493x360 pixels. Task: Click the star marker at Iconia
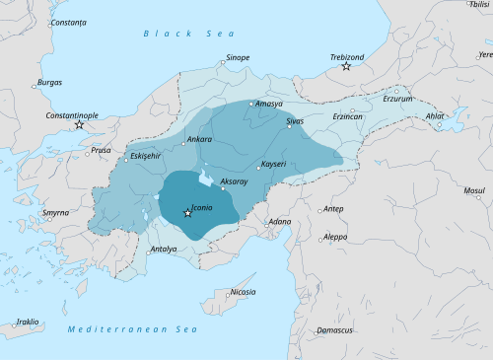(x=187, y=213)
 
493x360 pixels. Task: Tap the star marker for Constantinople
(x=79, y=124)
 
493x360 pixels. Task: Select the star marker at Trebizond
(x=346, y=66)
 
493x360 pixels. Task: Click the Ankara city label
(x=200, y=140)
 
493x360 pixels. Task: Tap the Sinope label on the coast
(x=238, y=58)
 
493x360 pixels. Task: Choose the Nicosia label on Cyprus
(x=243, y=292)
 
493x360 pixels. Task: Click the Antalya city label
(x=163, y=250)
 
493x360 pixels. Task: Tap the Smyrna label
(x=56, y=212)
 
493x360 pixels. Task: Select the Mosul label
(x=474, y=189)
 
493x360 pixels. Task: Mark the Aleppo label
(x=335, y=237)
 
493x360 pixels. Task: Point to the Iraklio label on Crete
(x=28, y=322)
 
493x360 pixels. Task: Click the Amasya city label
(x=269, y=104)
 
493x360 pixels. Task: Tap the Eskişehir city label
(x=145, y=157)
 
